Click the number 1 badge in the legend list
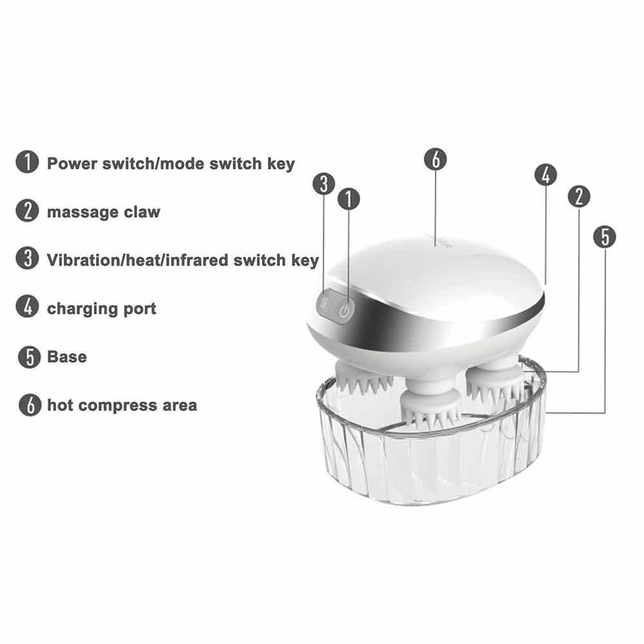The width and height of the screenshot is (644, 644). click(27, 162)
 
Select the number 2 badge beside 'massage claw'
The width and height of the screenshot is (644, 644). click(27, 211)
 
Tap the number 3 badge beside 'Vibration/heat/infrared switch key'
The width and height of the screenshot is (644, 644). click(27, 259)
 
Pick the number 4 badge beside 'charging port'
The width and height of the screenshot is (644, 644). click(27, 307)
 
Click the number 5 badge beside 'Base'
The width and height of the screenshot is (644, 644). click(30, 357)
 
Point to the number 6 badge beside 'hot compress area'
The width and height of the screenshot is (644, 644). click(30, 405)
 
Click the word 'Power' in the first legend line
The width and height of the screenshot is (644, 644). click(72, 164)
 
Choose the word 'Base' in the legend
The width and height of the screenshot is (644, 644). click(67, 357)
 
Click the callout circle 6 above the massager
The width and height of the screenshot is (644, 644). click(435, 159)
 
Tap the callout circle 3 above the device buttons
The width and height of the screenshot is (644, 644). click(324, 183)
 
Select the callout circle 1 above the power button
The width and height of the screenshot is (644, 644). click(348, 199)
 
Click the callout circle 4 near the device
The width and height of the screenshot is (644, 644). click(546, 175)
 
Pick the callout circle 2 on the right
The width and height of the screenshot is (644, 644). click(579, 196)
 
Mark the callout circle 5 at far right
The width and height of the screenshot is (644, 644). click(605, 237)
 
